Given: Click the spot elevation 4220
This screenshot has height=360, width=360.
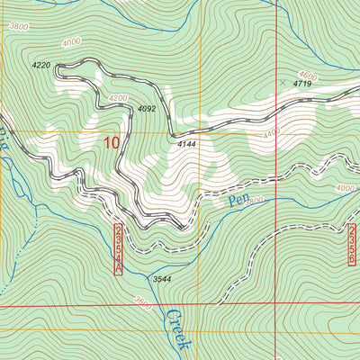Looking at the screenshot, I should tap(40, 66).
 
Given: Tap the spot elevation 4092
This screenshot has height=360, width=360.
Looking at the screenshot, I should tap(148, 109).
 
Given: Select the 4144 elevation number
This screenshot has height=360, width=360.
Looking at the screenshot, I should tap(186, 144).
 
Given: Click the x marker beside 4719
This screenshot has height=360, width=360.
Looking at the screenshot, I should tap(283, 82).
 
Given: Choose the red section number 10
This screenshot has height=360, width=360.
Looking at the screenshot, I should tap(111, 141).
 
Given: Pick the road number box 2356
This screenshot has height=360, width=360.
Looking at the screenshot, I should tap(350, 244).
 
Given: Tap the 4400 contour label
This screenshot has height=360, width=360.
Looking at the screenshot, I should tap(270, 133).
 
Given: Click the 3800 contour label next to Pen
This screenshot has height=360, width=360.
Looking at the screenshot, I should tap(253, 200).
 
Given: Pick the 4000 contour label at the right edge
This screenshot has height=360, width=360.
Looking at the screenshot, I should tap(345, 188).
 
